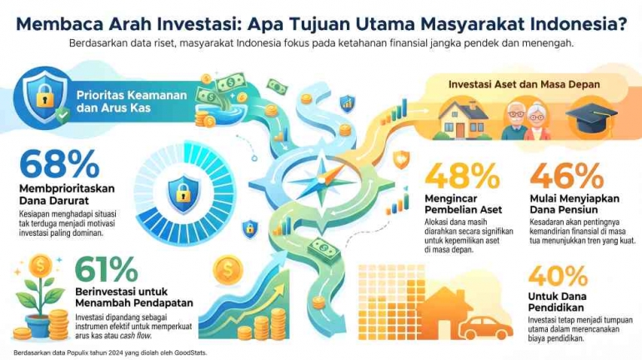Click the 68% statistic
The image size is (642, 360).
point(60,164)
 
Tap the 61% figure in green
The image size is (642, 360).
point(107,269)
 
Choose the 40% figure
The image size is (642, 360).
point(558,276)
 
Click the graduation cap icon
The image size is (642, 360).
point(592,117)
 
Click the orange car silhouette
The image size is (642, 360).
point(486,327)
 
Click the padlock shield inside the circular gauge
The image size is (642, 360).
point(183,194)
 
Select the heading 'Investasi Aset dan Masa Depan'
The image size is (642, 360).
point(524,84)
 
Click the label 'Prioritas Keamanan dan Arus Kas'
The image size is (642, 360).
point(132,102)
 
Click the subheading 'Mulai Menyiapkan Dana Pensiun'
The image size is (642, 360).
point(574,203)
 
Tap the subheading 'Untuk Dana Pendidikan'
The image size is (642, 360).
point(557,302)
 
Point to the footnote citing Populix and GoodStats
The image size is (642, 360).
point(111,352)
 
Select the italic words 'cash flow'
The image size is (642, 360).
point(136,336)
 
